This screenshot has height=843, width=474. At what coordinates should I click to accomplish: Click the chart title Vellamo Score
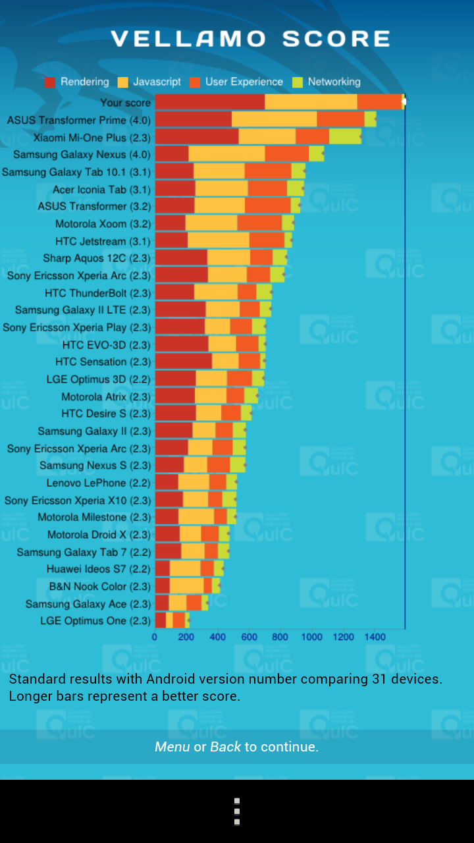coord(250,39)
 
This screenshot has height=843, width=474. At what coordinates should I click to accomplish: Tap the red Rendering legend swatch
coord(50,82)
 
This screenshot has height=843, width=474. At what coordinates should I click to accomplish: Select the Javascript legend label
coord(157,82)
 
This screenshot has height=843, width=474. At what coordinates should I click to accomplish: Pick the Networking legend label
coord(334,82)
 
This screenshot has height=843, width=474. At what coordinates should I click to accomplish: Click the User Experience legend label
coord(244,82)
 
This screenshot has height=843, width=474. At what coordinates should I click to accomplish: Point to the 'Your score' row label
coord(125,102)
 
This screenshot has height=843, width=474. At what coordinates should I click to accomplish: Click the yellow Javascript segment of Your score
coord(311,102)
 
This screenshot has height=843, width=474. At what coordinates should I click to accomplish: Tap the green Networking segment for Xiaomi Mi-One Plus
coord(345,136)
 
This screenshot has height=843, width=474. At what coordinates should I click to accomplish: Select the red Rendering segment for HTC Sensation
coord(183,361)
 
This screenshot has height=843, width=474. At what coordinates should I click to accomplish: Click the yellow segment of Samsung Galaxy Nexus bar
coord(226,154)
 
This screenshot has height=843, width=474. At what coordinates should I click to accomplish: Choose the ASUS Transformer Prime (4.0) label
coord(78,120)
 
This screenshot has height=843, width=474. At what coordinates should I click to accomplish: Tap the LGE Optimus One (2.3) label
coord(95,620)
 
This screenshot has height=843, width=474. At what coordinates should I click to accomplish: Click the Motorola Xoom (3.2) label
coord(103,223)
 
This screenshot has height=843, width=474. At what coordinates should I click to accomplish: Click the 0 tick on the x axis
coord(155,638)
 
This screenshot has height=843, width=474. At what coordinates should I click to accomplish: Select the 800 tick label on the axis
coord(280,638)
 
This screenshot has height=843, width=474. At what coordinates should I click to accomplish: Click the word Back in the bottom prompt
coord(225,747)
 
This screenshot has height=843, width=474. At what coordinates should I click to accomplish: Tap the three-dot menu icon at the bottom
coord(237,811)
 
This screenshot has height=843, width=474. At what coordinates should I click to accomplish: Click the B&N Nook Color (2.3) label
coord(99,586)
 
